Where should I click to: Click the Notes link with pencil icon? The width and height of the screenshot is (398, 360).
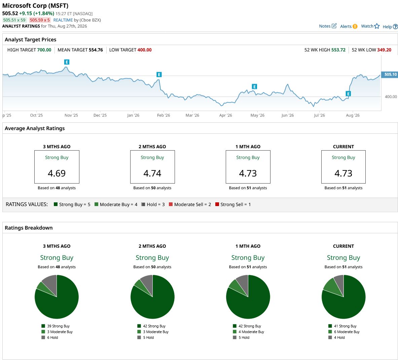coord(328,26)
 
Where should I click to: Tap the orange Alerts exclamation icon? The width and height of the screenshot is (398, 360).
coord(355,26)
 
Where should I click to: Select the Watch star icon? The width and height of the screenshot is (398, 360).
coord(377,26)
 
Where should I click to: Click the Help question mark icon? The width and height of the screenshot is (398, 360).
coord(395,27)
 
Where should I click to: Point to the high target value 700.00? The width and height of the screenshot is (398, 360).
coord(44,50)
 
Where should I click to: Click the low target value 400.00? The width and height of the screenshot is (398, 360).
coord(144,50)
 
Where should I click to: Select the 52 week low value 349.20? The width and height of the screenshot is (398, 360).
coord(384,50)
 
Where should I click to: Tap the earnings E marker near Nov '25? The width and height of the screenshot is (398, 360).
coord(67,62)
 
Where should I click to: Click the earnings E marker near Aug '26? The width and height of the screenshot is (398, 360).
coord(348,94)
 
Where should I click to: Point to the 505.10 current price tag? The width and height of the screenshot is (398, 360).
coord(390,74)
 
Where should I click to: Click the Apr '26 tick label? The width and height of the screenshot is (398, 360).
coord(226,115)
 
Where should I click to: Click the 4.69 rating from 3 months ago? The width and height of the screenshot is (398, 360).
coord(57,173)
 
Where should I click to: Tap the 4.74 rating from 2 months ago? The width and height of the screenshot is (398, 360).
coord(152,173)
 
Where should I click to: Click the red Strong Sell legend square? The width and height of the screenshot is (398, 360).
coord(217,204)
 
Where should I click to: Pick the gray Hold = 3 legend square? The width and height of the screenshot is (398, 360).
coord(143,204)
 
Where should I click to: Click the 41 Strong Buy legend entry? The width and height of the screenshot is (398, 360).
coord(342,326)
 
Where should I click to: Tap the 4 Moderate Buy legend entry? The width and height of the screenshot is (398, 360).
coord(249,332)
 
